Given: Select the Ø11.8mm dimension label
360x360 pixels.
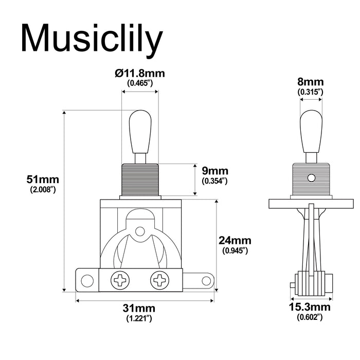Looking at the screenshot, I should click(x=139, y=74).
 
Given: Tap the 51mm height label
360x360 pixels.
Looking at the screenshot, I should click(x=43, y=179).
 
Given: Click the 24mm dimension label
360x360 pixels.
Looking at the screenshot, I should click(x=235, y=241).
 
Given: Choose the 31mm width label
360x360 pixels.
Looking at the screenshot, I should click(x=139, y=309).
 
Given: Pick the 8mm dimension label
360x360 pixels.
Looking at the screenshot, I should click(x=310, y=82).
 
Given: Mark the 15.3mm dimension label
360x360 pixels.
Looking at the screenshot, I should click(x=310, y=308).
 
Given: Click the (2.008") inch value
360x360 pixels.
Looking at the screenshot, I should click(x=43, y=190).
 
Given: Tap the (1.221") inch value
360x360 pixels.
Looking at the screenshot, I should click(x=139, y=319).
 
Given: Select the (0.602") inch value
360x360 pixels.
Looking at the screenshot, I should click(x=310, y=317).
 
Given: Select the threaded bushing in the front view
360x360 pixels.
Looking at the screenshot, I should click(x=139, y=179).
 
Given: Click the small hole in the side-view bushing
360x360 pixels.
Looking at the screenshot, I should click(x=311, y=178).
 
